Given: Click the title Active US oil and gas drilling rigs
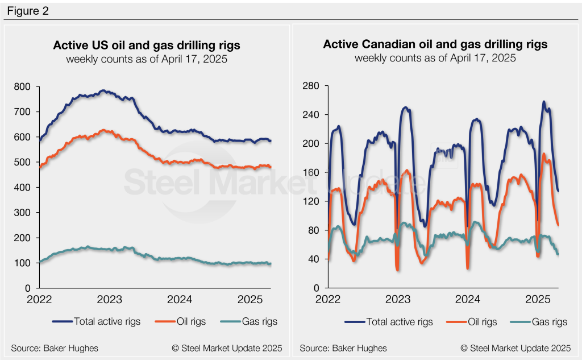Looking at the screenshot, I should click(x=147, y=45).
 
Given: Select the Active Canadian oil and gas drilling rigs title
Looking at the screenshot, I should click(x=435, y=44).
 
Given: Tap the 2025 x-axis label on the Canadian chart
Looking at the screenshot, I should click(x=538, y=299).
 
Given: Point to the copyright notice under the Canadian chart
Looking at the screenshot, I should click(x=516, y=347).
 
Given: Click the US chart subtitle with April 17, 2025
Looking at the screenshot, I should click(x=147, y=59).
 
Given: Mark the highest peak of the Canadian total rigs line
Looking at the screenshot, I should click(x=544, y=102).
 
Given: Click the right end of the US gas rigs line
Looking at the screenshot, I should click(x=271, y=264).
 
